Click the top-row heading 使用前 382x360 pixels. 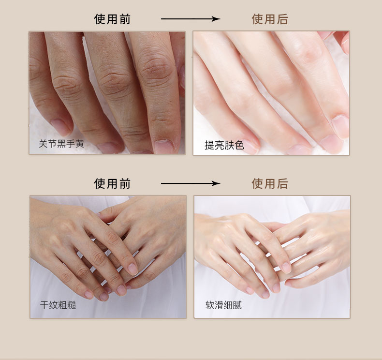click(112, 19)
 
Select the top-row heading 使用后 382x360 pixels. click(270, 19)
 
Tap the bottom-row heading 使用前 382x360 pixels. click(112, 183)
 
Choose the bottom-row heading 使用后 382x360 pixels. click(270, 183)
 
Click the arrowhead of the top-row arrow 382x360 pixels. click(216, 19)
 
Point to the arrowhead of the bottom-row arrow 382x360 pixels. click(216, 183)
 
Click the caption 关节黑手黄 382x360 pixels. click(61, 144)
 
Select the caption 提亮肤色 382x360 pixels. click(224, 145)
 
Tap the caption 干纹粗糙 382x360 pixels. click(58, 305)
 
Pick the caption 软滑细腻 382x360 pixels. click(223, 305)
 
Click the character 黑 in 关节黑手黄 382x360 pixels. click(61, 144)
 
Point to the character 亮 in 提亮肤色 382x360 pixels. click(219, 145)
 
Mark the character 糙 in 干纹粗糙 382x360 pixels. click(72, 305)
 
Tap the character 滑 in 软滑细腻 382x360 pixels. click(219, 305)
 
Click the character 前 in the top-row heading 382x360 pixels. click(125, 19)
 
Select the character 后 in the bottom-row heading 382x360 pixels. click(282, 183)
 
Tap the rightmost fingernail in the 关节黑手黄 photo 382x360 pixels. click(164, 146)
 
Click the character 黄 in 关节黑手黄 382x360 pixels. click(80, 144)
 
